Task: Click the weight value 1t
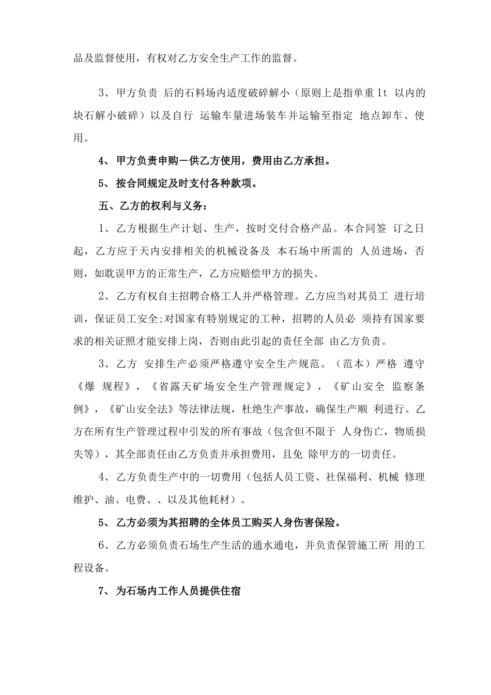click(382, 94)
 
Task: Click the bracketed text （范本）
click(359, 364)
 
